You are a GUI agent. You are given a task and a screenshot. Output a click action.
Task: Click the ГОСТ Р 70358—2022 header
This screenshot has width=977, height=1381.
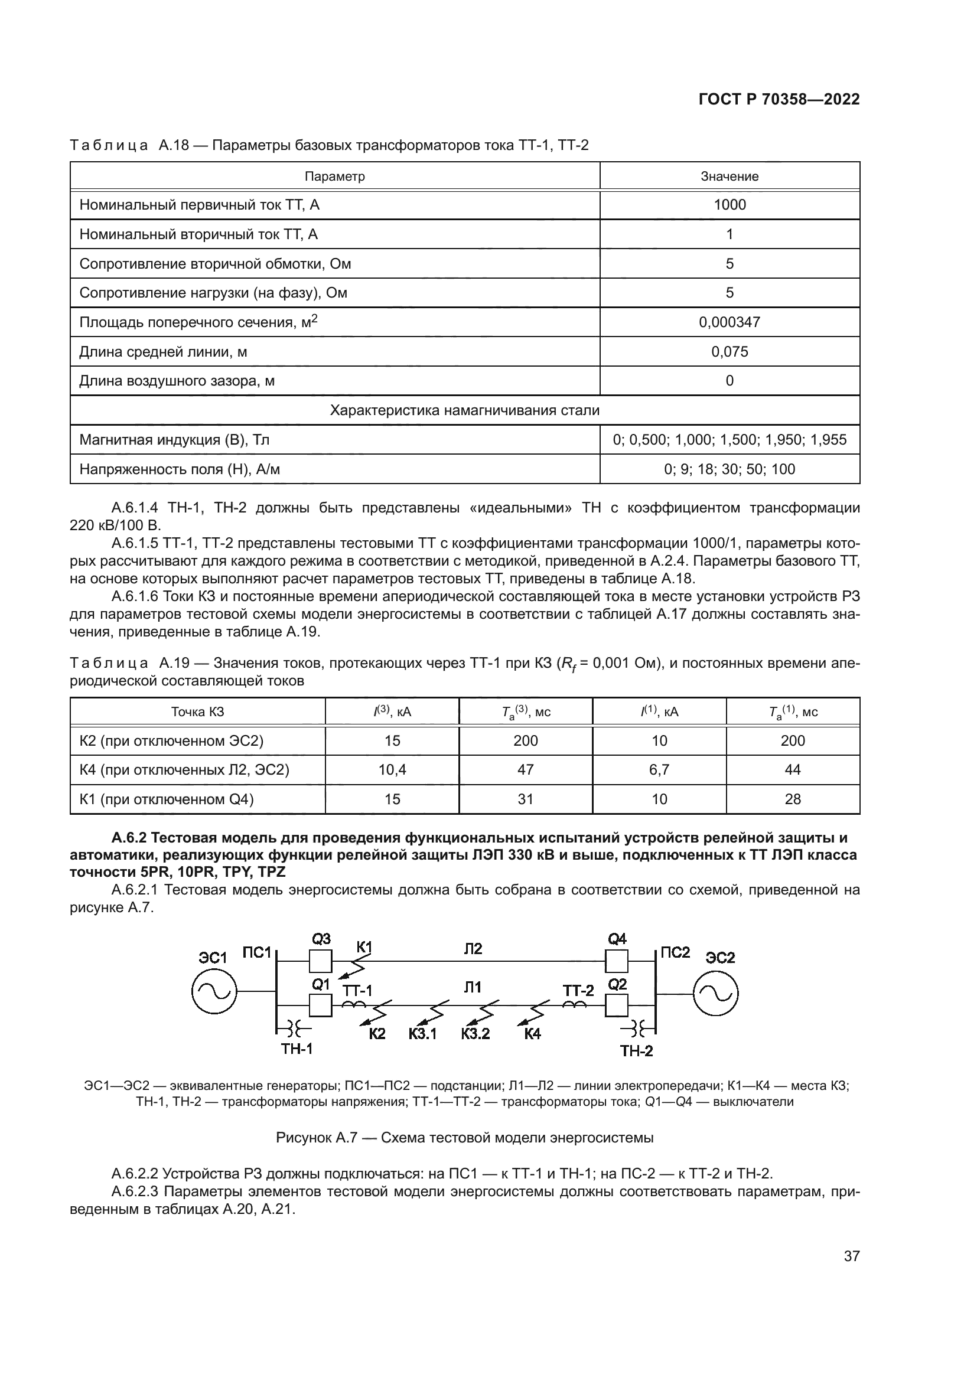point(779,99)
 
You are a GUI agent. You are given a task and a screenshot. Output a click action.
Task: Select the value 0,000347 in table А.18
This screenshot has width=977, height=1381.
point(729,322)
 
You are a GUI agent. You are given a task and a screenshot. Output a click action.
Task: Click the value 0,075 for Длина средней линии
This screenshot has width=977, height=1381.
point(729,351)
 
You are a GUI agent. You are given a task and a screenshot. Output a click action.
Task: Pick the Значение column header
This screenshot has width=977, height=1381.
point(729,176)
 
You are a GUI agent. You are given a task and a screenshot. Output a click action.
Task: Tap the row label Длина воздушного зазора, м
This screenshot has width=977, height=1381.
point(177,381)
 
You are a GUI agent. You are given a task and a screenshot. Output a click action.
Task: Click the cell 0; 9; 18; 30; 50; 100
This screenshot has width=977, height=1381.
point(729,469)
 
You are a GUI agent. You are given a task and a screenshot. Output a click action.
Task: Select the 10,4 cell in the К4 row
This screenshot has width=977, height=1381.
point(392,769)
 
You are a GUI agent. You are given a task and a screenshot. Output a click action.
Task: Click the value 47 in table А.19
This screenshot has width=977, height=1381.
point(525,769)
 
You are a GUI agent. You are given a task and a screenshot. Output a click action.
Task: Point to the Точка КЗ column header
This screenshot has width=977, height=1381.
point(197,711)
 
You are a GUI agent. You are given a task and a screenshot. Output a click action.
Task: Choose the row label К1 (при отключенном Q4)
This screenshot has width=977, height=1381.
point(167,799)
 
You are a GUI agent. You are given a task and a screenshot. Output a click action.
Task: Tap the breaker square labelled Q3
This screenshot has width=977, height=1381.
point(320,961)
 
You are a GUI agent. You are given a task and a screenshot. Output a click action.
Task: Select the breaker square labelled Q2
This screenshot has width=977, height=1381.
point(617,1005)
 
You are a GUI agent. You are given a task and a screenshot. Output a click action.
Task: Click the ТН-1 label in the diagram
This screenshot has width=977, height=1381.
point(297,1049)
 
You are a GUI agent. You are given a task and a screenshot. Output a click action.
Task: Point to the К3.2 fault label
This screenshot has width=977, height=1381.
point(476,1034)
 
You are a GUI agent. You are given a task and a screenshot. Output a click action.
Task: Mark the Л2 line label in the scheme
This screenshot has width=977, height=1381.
point(473,949)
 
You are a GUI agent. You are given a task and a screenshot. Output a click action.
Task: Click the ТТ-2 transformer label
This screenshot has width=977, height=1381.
point(578,990)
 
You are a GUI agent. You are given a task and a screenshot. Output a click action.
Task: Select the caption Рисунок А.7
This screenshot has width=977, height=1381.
point(464,1138)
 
